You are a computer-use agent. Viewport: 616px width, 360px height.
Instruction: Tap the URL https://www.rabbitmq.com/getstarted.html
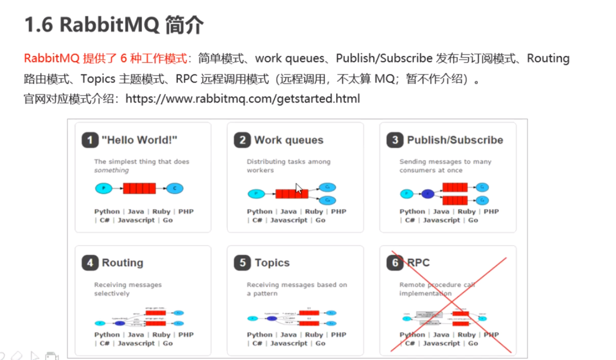(242, 99)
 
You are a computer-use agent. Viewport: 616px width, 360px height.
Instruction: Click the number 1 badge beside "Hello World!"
(90, 140)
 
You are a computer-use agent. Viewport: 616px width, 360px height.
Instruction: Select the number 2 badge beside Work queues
(242, 140)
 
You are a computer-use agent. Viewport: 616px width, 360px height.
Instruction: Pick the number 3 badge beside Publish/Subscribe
(395, 140)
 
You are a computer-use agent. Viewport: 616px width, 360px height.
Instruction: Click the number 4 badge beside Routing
(90, 263)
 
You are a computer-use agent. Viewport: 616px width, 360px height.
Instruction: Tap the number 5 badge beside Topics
(242, 263)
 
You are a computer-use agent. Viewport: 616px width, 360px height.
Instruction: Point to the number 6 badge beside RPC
(395, 263)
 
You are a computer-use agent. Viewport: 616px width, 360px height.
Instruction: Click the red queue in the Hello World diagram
(139, 189)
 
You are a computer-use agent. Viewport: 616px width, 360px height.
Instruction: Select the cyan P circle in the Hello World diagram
(104, 189)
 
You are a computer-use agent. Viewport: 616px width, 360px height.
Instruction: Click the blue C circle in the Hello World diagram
(175, 189)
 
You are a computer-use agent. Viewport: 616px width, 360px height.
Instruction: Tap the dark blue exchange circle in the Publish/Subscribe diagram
(427, 194)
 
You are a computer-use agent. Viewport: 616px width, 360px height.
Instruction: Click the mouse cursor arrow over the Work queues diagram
(298, 188)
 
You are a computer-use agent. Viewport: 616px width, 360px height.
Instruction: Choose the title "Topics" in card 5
(272, 263)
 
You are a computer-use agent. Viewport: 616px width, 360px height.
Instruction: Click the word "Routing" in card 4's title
(122, 263)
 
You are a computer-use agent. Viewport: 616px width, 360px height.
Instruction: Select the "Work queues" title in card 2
(289, 140)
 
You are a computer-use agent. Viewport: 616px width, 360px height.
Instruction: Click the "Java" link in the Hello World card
(136, 212)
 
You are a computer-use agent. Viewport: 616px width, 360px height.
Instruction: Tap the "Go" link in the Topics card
(320, 343)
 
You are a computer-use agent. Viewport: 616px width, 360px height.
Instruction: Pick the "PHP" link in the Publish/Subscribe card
(491, 212)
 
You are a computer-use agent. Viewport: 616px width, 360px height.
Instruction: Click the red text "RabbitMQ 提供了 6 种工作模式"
(105, 58)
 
